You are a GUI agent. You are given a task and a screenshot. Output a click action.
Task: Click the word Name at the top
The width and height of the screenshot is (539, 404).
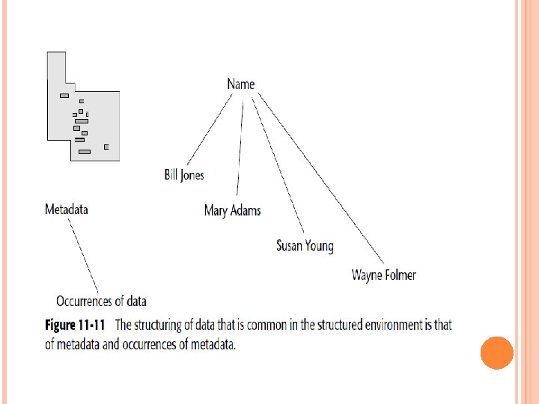[241, 84]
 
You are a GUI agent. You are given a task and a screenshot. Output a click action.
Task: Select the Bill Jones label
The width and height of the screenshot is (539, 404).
[184, 175]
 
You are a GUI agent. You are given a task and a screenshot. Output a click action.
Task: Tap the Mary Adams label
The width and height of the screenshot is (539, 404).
[232, 210]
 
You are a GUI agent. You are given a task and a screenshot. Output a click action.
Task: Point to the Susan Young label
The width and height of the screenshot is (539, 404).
[305, 245]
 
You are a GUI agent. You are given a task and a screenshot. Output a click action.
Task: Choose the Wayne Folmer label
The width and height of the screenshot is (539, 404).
[383, 275]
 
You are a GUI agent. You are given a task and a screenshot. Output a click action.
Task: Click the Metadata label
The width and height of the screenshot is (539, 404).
[67, 209]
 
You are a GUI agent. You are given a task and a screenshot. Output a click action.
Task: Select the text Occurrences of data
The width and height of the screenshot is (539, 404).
[101, 301]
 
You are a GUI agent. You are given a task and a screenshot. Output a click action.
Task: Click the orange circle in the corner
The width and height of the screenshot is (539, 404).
[496, 352]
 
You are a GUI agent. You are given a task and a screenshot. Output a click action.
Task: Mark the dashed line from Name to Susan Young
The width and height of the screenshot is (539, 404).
[278, 165]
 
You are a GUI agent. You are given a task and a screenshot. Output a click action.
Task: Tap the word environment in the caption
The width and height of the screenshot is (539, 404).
[389, 325]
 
